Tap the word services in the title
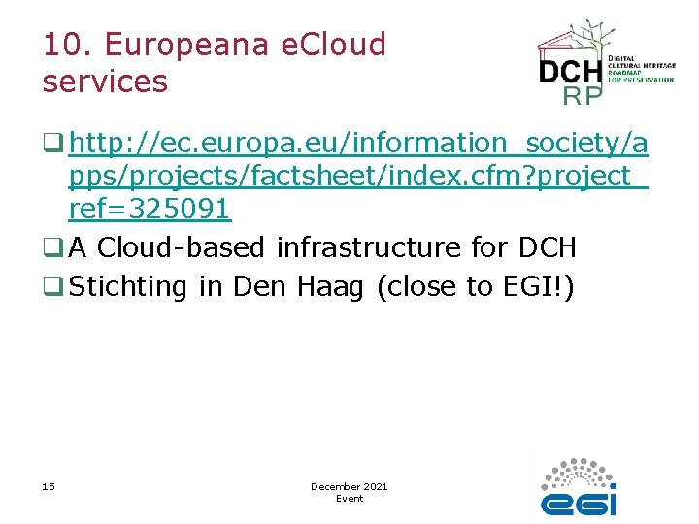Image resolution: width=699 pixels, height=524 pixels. click(x=105, y=82)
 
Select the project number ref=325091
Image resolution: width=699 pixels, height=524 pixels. click(x=150, y=208)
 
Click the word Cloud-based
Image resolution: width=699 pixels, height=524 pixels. click(x=182, y=247)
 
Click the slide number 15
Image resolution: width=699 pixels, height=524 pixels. click(x=49, y=486)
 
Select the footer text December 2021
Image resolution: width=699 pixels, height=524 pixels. click(x=349, y=486)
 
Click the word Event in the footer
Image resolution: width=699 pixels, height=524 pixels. click(x=349, y=499)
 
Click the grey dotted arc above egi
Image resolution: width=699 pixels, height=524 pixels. click(x=581, y=472)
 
